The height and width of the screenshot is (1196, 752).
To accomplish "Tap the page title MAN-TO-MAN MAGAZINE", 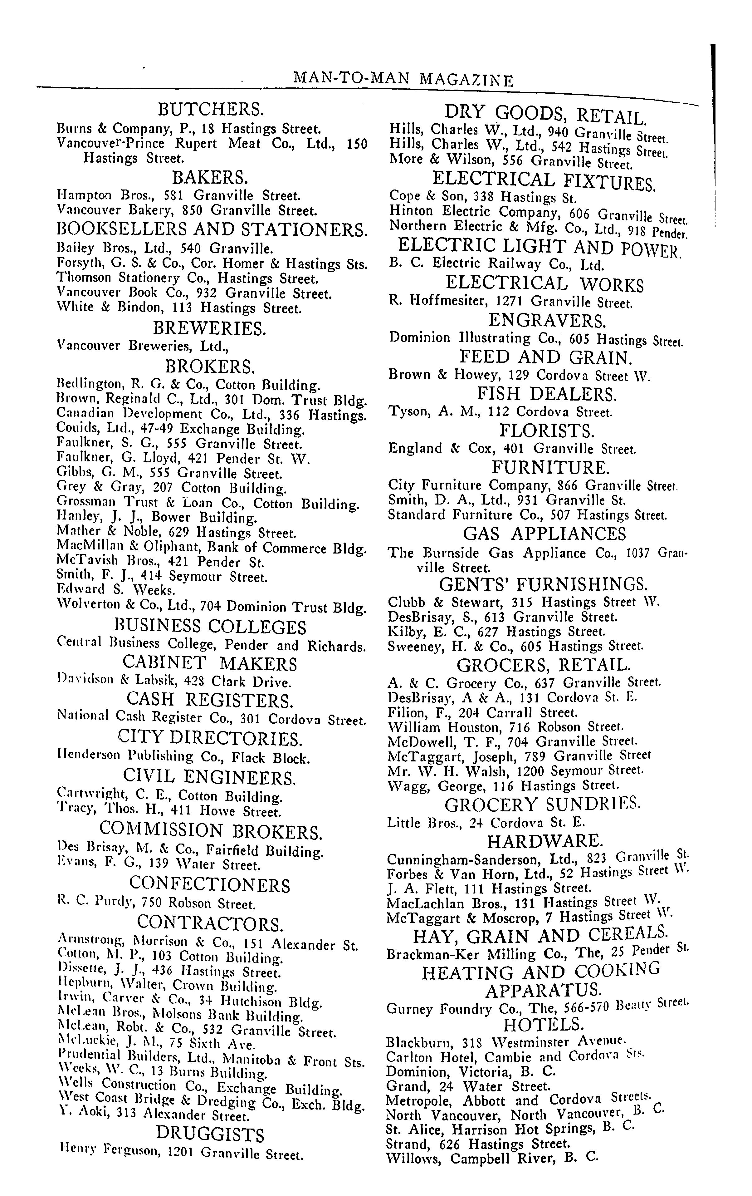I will coord(403,78).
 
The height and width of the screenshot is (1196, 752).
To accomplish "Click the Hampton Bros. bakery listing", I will coord(179,195).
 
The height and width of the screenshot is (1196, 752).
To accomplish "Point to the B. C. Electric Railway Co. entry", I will coord(497,264).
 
